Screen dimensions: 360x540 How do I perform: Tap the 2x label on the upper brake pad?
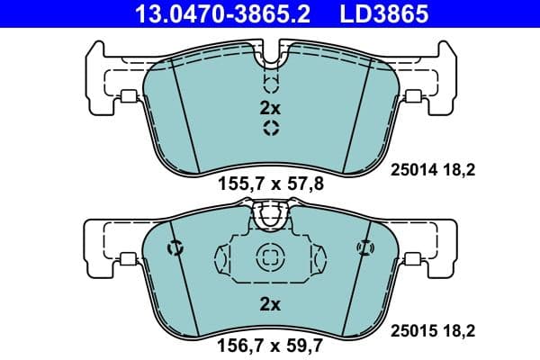270,107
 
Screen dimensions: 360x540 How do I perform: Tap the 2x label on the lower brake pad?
270,305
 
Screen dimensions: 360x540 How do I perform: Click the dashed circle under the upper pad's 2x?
270,129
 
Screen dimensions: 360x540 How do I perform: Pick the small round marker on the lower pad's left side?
175,247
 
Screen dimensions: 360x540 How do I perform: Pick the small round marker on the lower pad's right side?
364,247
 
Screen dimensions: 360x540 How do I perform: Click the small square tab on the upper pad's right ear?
413,98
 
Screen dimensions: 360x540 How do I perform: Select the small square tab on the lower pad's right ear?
413,260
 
